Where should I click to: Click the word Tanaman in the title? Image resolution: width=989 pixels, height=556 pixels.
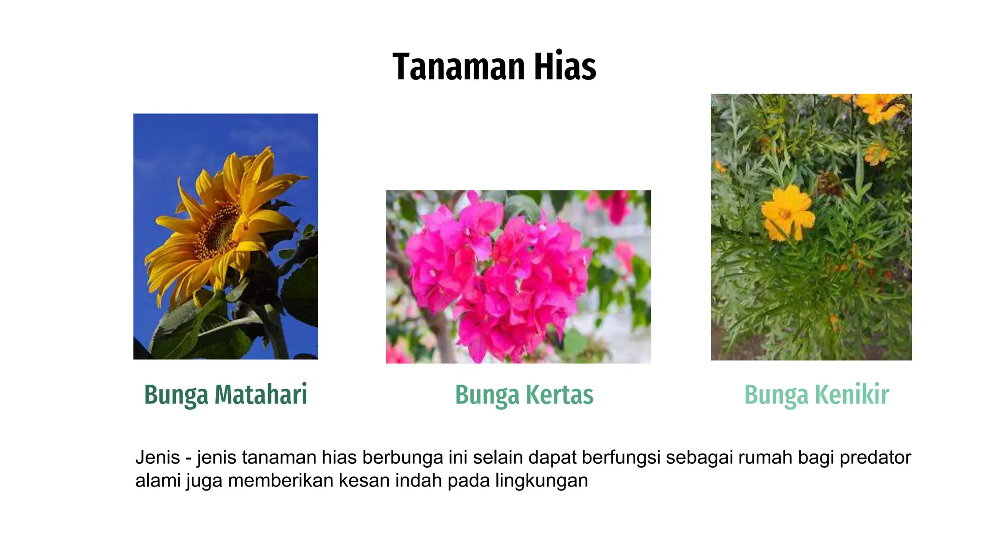(458, 67)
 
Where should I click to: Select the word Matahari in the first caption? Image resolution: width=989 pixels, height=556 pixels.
(261, 394)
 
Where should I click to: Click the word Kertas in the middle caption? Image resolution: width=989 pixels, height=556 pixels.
(559, 394)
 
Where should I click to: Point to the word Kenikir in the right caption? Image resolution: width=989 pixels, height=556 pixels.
(852, 394)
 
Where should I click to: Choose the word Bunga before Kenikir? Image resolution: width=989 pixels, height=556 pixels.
(776, 395)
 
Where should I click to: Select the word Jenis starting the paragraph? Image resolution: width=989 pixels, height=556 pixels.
(157, 457)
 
